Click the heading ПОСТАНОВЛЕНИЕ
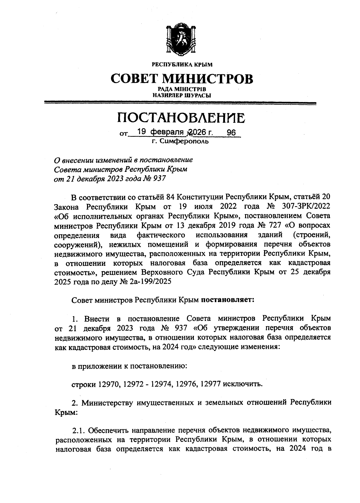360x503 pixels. (181, 118)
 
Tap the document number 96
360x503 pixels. (232, 132)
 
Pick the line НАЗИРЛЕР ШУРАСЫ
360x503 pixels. (181, 96)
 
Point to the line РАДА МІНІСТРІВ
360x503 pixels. (182, 90)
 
